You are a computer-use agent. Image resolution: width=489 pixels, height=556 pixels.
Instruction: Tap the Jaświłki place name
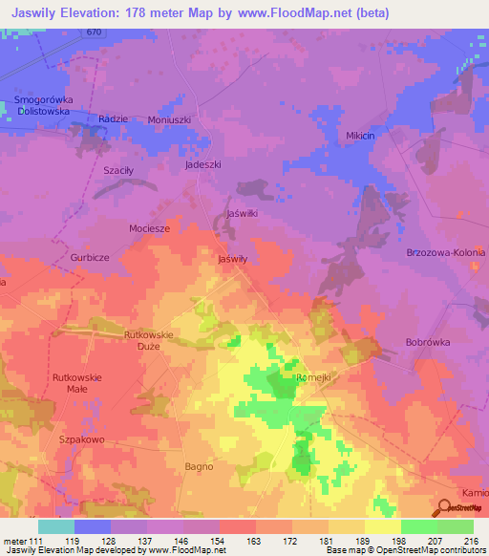[x=242, y=213]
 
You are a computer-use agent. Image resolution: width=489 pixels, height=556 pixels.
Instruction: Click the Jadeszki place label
[x=202, y=164]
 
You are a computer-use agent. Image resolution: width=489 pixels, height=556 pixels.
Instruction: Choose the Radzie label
[x=114, y=118]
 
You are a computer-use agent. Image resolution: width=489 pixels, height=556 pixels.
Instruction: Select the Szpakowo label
[x=81, y=438]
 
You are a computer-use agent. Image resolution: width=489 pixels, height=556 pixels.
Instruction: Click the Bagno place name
[x=199, y=466]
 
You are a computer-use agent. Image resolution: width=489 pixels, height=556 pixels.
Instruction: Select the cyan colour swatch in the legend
[x=55, y=526]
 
